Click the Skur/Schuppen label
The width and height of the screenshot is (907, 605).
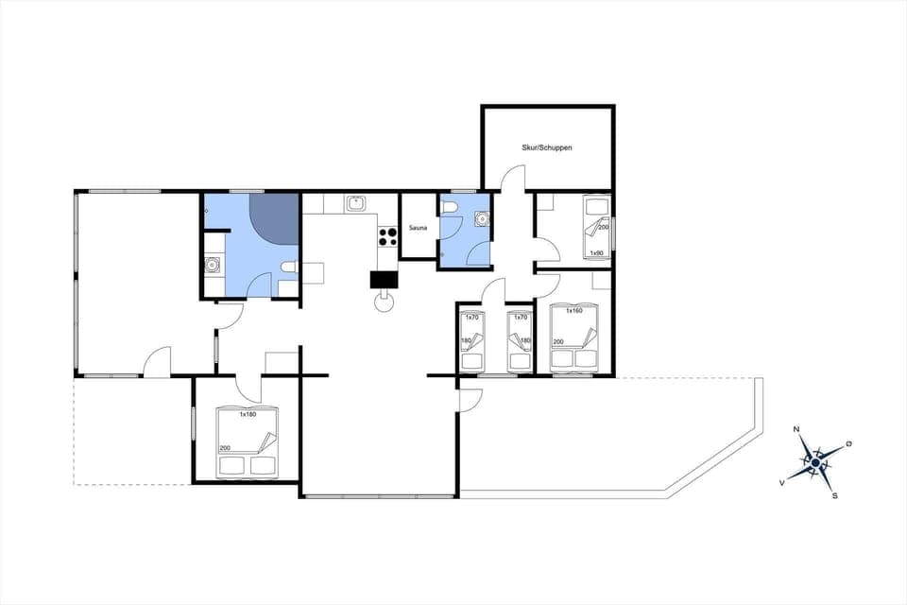[547, 147]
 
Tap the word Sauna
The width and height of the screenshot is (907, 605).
[418, 229]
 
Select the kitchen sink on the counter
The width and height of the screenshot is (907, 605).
[356, 202]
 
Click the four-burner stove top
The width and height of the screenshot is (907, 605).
[387, 235]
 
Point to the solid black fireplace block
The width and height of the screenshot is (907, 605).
[384, 279]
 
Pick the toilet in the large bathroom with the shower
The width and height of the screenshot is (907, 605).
[289, 272]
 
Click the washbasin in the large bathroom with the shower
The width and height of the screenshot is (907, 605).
[213, 264]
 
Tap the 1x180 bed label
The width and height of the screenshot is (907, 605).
[248, 414]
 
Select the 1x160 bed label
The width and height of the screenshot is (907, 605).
[574, 310]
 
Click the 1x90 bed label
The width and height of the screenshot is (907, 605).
[596, 253]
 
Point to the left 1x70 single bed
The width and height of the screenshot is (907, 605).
[471, 340]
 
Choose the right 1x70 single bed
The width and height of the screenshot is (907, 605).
[520, 340]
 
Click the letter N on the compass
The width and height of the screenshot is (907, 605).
[796, 430]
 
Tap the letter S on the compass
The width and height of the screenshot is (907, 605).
[834, 494]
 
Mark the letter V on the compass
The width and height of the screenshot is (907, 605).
[782, 482]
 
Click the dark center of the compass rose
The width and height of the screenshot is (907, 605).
[815, 462]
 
